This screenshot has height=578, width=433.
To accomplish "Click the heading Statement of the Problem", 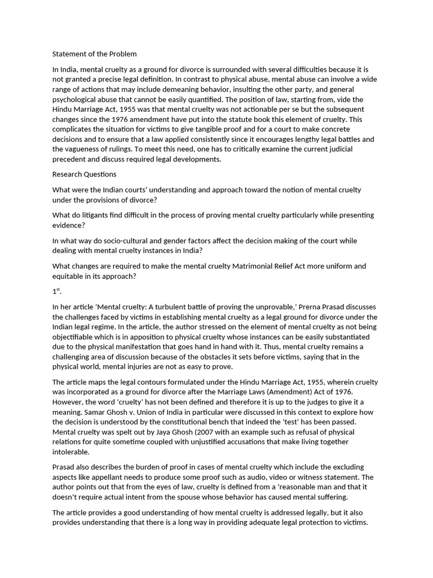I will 95,54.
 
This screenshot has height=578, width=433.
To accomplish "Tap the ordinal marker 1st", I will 56,292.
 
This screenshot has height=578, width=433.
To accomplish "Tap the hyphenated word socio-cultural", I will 136,240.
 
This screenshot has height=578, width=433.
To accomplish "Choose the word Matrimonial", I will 253,266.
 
